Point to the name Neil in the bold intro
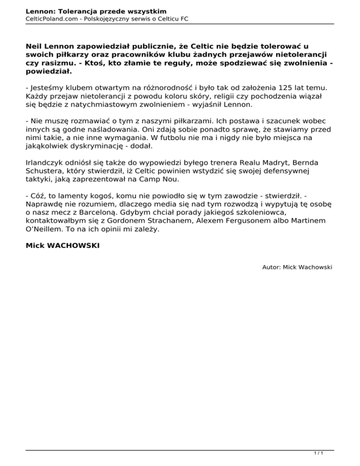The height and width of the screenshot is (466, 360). [x=34, y=47]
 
